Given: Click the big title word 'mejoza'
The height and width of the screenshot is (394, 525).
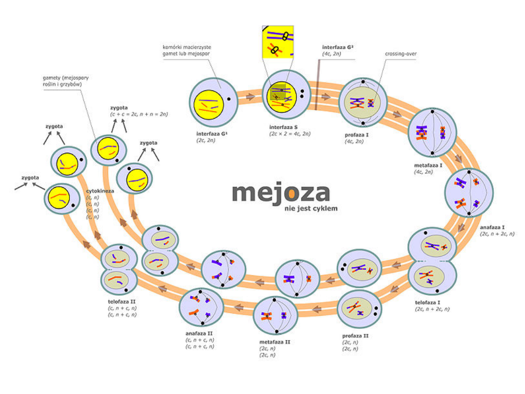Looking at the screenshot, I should click(x=280, y=192).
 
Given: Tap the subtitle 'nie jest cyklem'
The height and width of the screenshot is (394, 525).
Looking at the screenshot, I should click(x=310, y=209).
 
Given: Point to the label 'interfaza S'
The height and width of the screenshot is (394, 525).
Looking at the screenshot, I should click(x=284, y=126).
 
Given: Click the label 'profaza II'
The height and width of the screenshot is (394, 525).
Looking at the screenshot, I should click(x=355, y=336).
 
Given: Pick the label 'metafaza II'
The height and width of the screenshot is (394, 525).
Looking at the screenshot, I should click(x=274, y=342).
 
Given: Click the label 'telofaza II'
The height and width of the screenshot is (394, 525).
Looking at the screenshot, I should click(x=122, y=302).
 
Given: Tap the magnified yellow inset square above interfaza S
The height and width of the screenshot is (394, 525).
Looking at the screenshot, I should click(x=278, y=42).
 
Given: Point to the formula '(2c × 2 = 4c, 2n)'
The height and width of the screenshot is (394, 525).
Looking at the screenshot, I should click(x=290, y=133).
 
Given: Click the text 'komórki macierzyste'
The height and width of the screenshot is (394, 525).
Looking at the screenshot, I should click(x=187, y=47).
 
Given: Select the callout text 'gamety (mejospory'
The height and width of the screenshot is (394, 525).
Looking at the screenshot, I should click(x=65, y=77).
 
